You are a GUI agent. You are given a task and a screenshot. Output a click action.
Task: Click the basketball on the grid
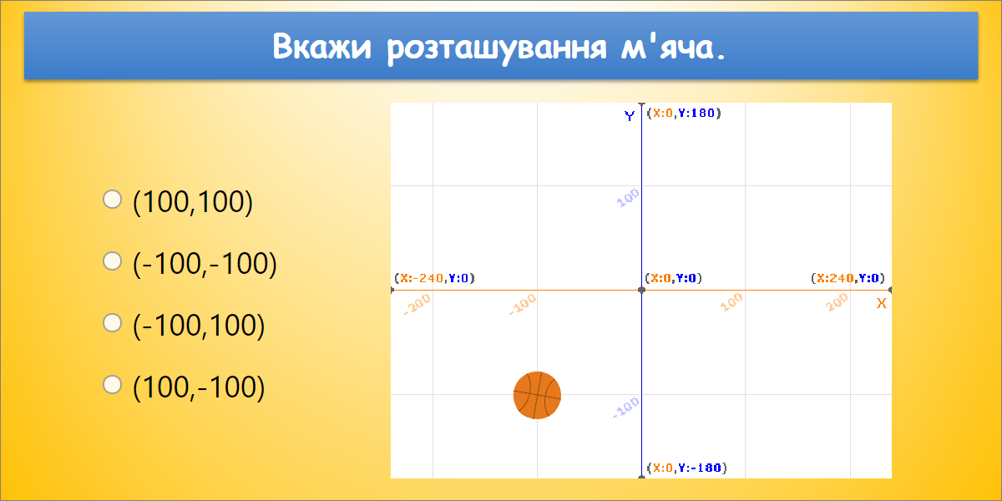(537, 395)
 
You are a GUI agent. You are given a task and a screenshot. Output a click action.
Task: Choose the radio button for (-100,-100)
(112, 261)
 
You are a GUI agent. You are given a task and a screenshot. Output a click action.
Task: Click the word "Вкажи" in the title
(323, 47)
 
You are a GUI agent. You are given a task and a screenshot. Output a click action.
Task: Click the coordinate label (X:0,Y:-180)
(686, 468)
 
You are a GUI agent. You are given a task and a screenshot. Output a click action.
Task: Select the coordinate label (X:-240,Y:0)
(434, 278)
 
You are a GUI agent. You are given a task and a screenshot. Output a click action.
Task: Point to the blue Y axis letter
(630, 116)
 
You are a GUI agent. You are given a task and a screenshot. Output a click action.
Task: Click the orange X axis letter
(881, 303)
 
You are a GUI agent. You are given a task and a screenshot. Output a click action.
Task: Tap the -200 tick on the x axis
(417, 304)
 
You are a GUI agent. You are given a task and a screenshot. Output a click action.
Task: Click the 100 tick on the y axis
(628, 198)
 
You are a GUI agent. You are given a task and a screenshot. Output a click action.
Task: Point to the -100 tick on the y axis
(626, 407)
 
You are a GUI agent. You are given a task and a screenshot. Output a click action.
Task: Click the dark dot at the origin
(641, 290)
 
